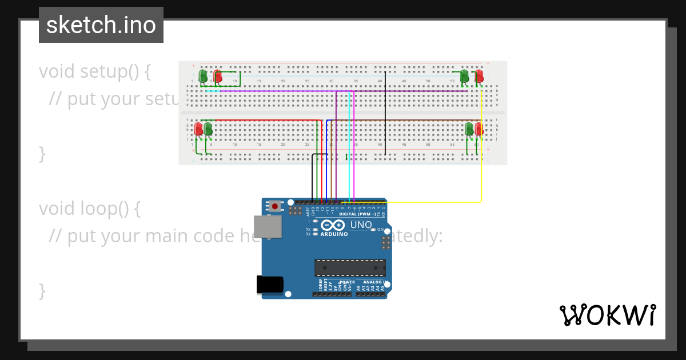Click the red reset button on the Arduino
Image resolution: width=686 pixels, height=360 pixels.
coord(275,206)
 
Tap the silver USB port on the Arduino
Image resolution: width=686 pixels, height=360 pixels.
coord(268,226)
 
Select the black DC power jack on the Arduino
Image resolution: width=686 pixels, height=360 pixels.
coord(270,285)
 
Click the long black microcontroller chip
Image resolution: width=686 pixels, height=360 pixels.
coord(350,267)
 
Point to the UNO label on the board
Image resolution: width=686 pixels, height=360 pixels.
coord(360,225)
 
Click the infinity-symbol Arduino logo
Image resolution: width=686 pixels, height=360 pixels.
coord(333,225)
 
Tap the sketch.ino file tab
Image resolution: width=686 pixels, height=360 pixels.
coord(101,25)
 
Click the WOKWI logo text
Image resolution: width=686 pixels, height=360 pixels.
coord(608,315)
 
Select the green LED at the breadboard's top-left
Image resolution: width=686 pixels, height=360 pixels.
coord(203,75)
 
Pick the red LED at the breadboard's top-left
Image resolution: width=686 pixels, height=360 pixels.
coord(217,75)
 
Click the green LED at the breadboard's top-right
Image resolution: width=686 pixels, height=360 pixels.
coord(464,75)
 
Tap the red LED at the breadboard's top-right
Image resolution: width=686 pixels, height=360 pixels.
coord(479,75)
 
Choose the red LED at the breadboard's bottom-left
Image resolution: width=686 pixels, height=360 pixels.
coord(198,129)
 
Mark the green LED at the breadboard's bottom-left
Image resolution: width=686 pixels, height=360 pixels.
coord(208,129)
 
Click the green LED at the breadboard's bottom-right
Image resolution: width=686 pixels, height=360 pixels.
coord(469,129)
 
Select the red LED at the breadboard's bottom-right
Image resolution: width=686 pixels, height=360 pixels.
coord(479,129)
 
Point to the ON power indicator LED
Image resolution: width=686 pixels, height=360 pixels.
coord(373,230)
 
